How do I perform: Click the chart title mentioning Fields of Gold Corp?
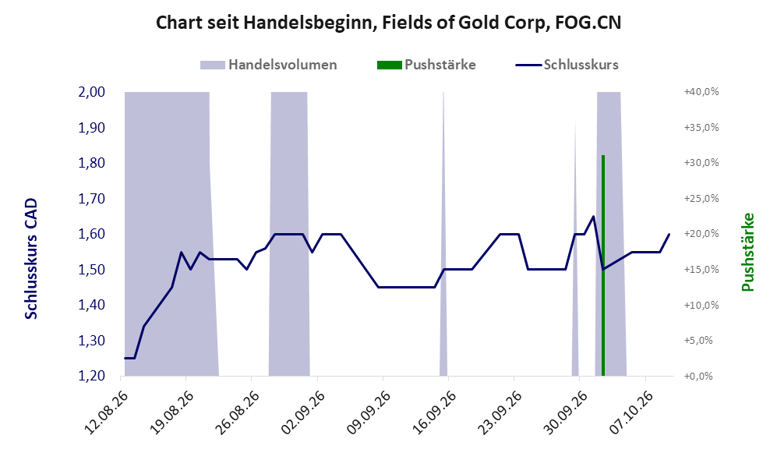(x=388, y=23)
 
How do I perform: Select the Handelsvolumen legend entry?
(x=268, y=65)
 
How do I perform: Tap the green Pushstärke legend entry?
(x=426, y=65)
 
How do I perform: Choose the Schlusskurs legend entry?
(x=567, y=65)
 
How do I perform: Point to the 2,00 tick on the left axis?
(x=92, y=92)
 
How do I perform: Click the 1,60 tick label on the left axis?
(x=92, y=234)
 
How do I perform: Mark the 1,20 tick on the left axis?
(x=92, y=376)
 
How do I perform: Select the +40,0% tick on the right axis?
(x=701, y=92)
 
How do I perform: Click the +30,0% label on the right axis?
(x=701, y=163)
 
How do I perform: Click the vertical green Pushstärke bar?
(x=603, y=266)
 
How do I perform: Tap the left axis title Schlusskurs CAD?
(x=30, y=258)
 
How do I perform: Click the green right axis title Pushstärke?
(x=747, y=252)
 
